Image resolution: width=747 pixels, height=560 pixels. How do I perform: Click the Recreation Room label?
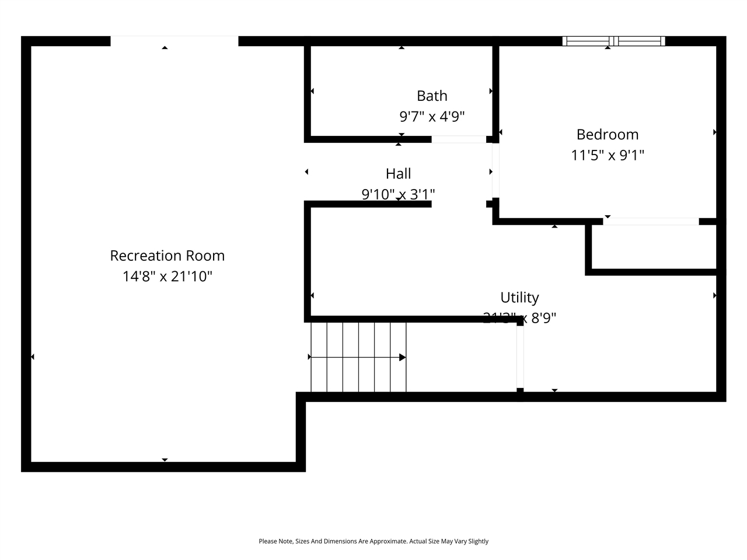tap(167, 256)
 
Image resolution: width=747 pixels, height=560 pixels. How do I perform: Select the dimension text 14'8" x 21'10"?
tap(167, 276)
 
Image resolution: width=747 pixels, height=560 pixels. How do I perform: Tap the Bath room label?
tap(432, 96)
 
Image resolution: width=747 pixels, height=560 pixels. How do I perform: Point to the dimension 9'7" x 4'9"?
tap(432, 117)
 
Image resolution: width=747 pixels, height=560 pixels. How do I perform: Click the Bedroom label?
tap(607, 134)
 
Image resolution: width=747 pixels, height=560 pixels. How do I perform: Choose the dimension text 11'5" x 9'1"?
tap(607, 155)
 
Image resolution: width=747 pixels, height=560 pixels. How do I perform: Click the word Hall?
tap(398, 173)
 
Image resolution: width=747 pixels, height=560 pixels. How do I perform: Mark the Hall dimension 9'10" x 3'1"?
tap(398, 194)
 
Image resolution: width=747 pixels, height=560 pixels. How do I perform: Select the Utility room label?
tap(519, 297)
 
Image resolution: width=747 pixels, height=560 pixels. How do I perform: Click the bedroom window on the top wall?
tap(613, 41)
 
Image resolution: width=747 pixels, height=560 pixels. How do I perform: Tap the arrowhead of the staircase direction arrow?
tap(402, 357)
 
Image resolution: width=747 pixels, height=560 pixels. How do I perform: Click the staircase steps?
tap(358, 357)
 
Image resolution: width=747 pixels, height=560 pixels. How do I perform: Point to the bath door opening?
tap(459, 139)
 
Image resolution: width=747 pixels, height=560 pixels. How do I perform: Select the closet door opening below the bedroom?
tap(651, 221)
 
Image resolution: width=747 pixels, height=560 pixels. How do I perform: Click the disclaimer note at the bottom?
tap(373, 541)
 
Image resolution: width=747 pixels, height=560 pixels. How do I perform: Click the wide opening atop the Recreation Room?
tap(174, 41)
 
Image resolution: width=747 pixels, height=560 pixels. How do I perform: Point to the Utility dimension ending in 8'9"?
tap(519, 318)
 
